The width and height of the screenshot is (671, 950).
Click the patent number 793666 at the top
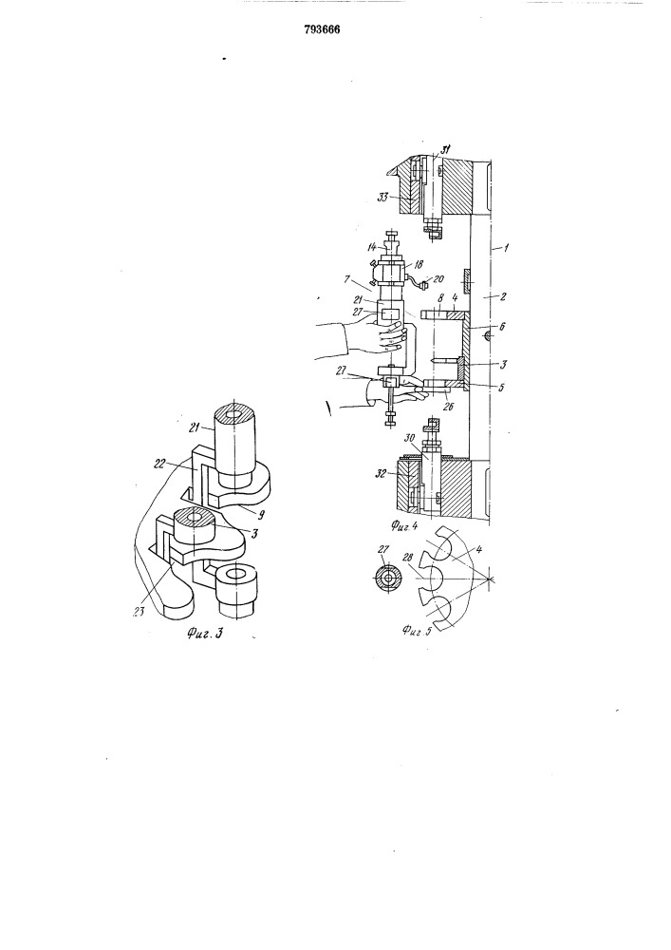[x=322, y=29]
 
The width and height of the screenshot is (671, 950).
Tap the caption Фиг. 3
[x=205, y=634]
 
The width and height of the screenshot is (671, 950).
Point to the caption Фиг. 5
[x=417, y=631]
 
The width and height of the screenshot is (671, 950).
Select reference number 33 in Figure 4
[x=383, y=197]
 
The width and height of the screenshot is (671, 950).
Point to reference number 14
[x=372, y=247]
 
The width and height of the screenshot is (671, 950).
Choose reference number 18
[x=419, y=265]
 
